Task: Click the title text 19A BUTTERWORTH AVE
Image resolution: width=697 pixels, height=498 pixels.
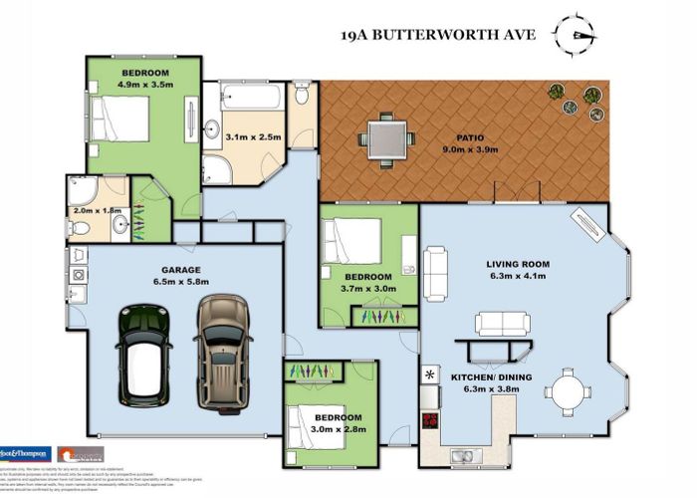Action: [x=439, y=35]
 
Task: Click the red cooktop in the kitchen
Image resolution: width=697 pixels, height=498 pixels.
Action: [x=431, y=419]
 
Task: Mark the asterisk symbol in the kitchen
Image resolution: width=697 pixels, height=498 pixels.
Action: [x=430, y=374]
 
